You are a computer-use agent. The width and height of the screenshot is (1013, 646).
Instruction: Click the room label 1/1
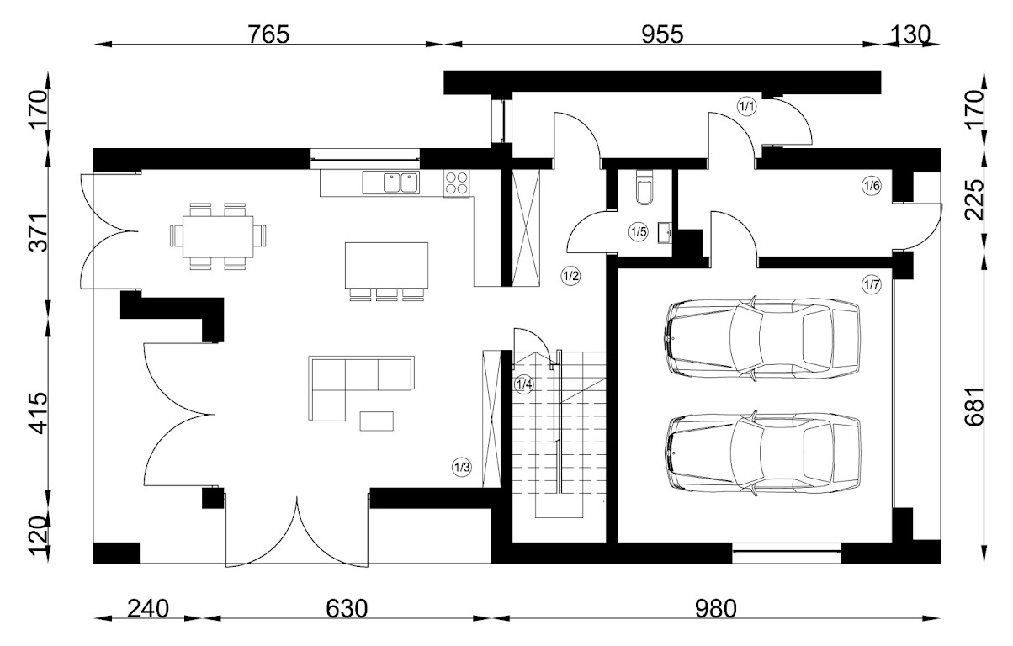pyautogui.click(x=747, y=106)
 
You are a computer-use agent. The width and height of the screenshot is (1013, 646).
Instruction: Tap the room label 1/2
pyautogui.click(x=571, y=275)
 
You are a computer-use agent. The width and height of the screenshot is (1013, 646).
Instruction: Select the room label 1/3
pyautogui.click(x=462, y=468)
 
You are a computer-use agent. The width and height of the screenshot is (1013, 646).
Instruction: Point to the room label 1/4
pyautogui.click(x=523, y=385)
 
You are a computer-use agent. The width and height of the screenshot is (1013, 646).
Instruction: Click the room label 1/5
pyautogui.click(x=639, y=231)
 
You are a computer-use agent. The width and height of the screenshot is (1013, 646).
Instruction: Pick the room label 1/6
pyautogui.click(x=872, y=186)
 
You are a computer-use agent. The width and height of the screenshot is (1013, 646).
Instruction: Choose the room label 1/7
pyautogui.click(x=872, y=285)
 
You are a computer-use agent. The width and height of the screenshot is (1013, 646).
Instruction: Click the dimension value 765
pyautogui.click(x=268, y=34)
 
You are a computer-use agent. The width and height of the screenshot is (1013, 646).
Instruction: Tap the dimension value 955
pyautogui.click(x=663, y=34)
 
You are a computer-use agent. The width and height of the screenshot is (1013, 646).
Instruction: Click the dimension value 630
pyautogui.click(x=347, y=607)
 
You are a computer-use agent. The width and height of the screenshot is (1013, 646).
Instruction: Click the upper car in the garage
pyautogui.click(x=763, y=338)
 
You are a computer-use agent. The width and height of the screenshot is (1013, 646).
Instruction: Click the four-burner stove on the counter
pyautogui.click(x=457, y=183)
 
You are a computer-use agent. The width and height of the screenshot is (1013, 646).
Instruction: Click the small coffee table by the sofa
pyautogui.click(x=376, y=420)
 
